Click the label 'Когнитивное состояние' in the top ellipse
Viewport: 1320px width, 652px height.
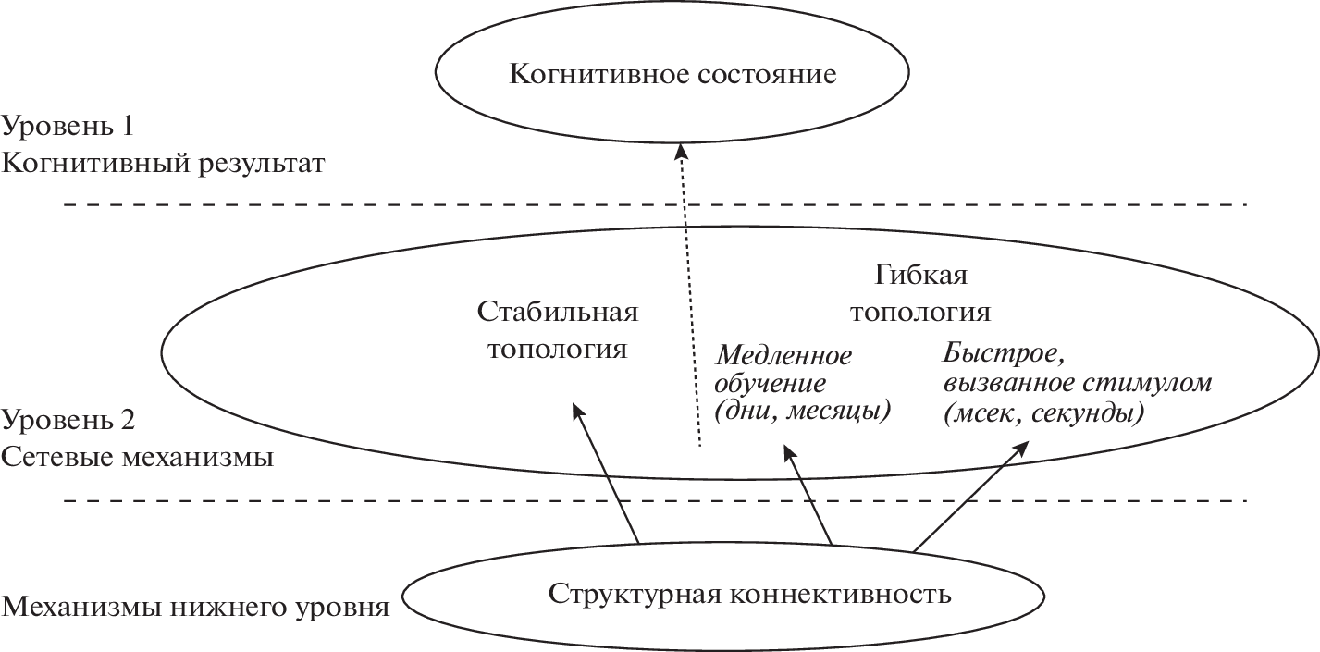pos(672,73)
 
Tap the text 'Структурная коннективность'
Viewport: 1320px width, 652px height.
pos(749,593)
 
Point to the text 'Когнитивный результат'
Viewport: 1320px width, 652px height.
pos(165,164)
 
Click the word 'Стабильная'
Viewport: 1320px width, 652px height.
pos(558,312)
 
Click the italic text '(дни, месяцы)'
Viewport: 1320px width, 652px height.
pos(802,412)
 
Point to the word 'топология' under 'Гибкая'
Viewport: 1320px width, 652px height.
pos(920,312)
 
